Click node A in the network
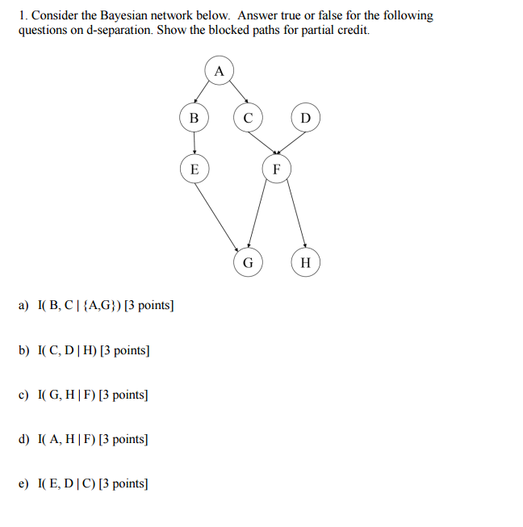(x=219, y=70)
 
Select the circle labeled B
(x=193, y=118)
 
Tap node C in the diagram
(x=248, y=118)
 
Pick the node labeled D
(x=304, y=118)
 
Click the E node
(x=193, y=169)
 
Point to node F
(x=277, y=169)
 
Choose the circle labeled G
(x=248, y=262)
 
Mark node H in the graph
(x=304, y=262)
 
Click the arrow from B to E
(x=193, y=144)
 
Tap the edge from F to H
(x=291, y=216)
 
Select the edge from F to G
(x=261, y=216)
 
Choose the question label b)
(x=23, y=350)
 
